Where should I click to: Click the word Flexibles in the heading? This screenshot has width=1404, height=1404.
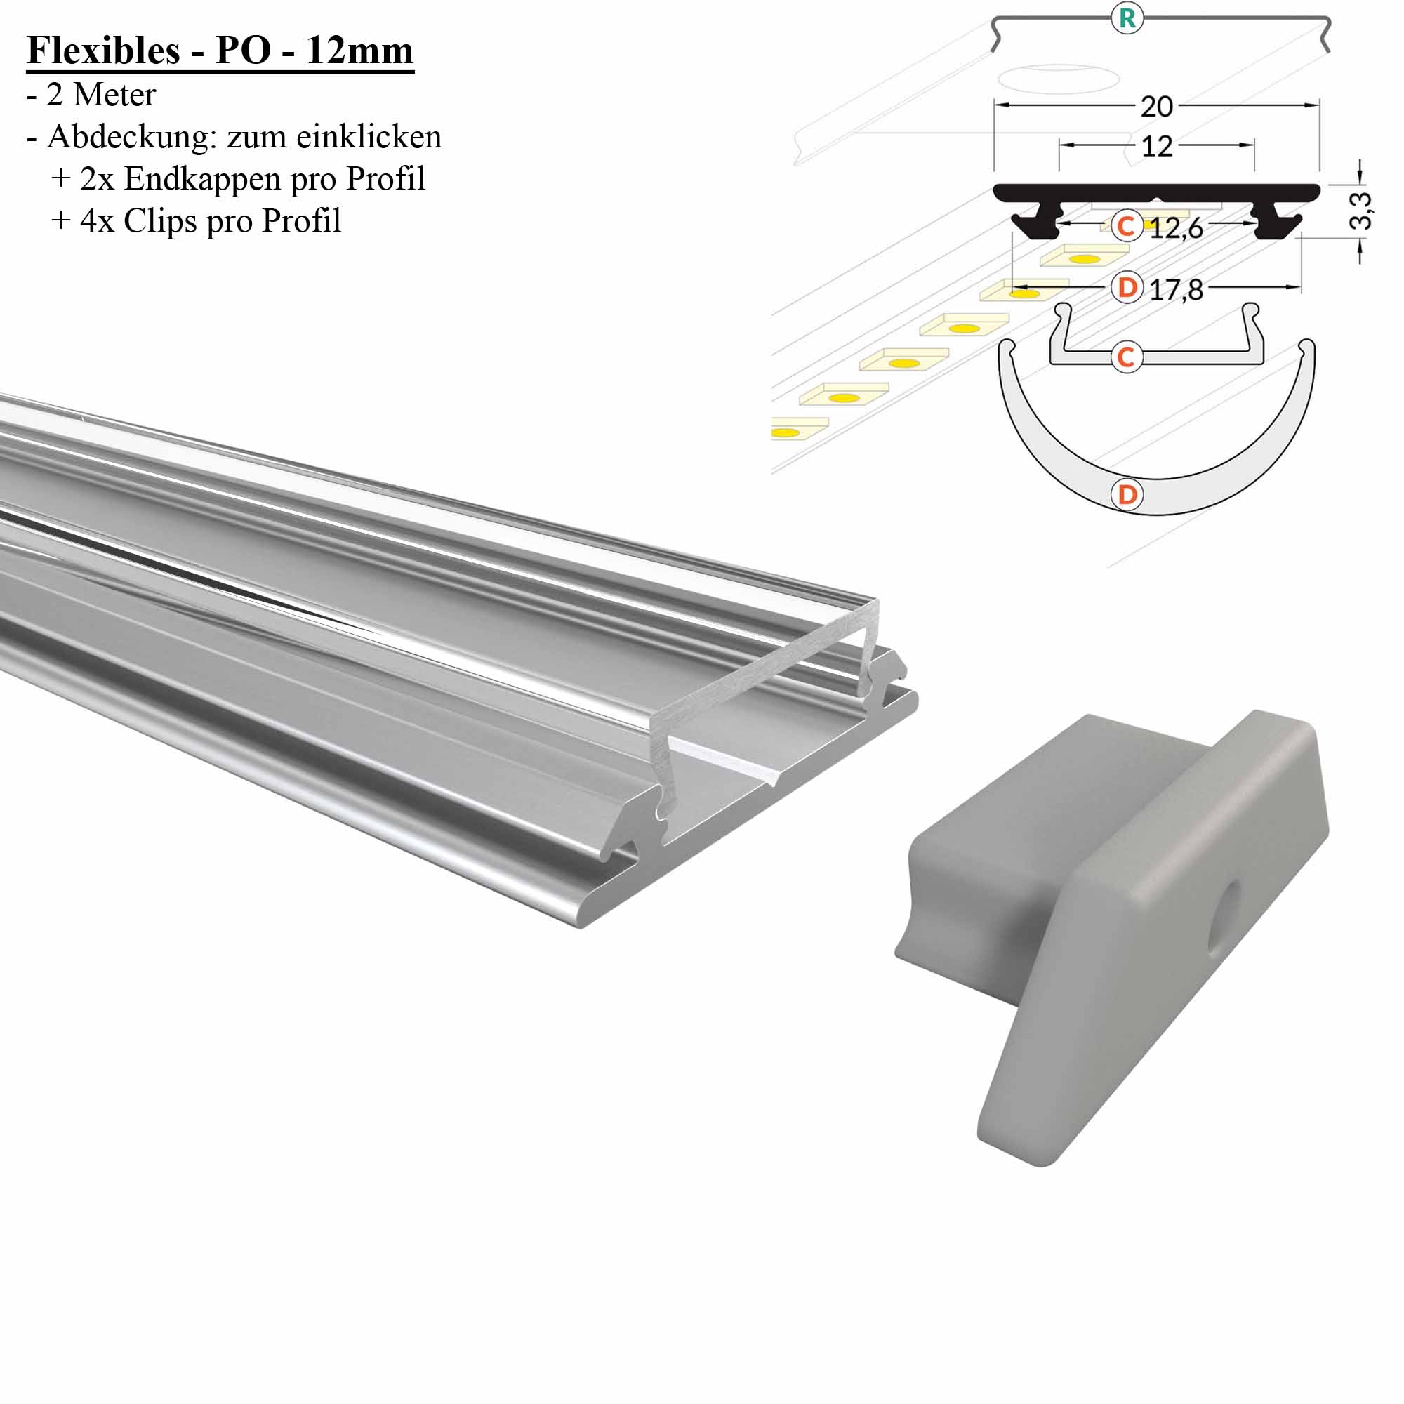click(x=103, y=51)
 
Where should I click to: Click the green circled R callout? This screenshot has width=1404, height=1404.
click(x=1127, y=18)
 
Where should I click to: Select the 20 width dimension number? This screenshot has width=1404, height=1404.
click(x=1156, y=107)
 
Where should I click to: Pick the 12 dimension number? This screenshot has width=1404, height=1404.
click(x=1156, y=147)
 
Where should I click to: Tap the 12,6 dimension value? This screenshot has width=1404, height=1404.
click(x=1176, y=229)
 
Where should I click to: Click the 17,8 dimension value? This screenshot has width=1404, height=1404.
click(x=1176, y=290)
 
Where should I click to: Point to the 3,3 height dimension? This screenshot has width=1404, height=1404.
click(x=1360, y=211)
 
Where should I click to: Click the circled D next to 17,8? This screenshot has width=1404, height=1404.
click(x=1127, y=288)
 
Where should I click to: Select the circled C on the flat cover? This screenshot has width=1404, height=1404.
click(x=1127, y=357)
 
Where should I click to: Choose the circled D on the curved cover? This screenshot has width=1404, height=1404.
click(x=1127, y=495)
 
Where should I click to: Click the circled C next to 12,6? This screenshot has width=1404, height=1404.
click(x=1127, y=226)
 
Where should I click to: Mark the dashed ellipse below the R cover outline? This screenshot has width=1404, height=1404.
click(x=1057, y=79)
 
